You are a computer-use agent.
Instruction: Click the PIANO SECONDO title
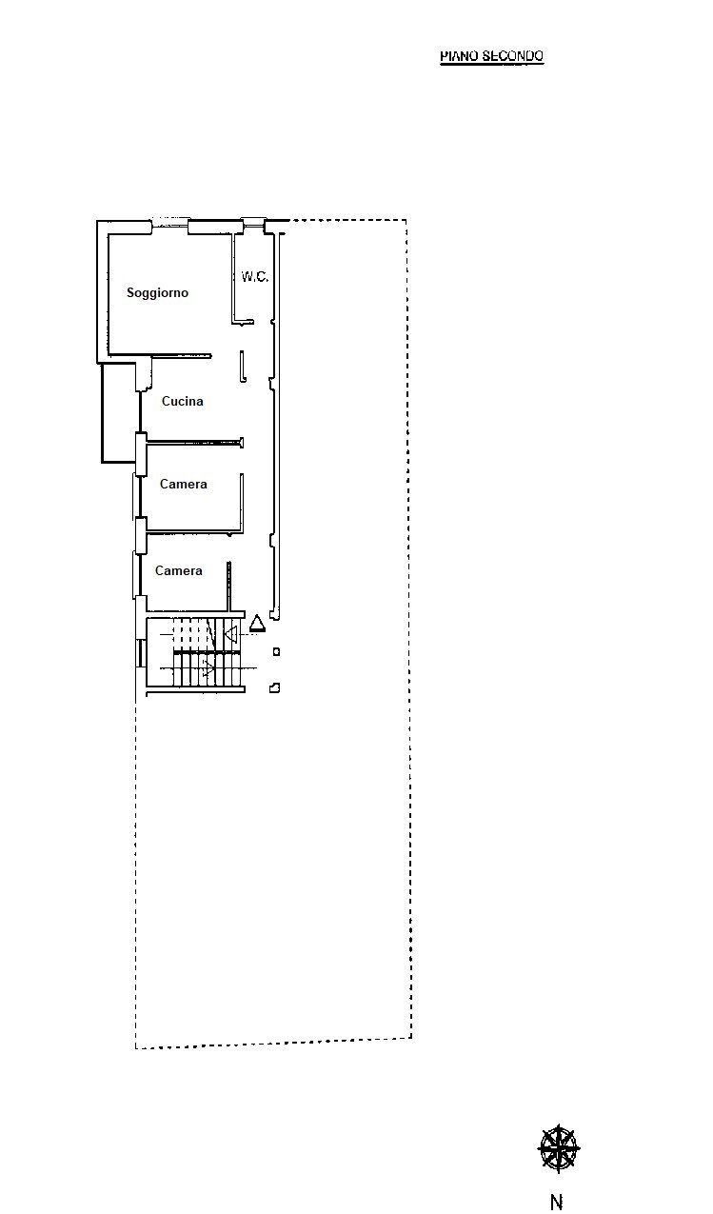click(x=491, y=56)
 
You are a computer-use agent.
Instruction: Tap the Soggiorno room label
click(x=157, y=292)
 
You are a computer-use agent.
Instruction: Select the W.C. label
click(x=254, y=277)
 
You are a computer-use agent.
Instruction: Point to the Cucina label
click(x=182, y=401)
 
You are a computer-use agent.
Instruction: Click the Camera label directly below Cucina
click(x=183, y=484)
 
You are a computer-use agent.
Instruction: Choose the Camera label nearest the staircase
click(x=178, y=570)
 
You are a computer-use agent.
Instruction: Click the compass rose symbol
click(x=558, y=1148)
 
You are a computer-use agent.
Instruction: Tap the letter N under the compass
click(x=557, y=1203)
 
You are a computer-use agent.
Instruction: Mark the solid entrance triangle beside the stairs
click(x=257, y=624)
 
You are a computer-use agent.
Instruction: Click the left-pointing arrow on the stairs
click(x=229, y=633)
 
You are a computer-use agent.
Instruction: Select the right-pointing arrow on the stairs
click(x=208, y=669)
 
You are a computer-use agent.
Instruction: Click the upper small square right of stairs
click(x=276, y=651)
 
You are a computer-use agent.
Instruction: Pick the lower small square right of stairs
click(x=275, y=687)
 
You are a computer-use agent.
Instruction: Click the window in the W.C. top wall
click(x=253, y=224)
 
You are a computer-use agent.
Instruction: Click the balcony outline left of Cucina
click(x=119, y=414)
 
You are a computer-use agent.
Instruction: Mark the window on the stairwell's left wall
click(x=141, y=652)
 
